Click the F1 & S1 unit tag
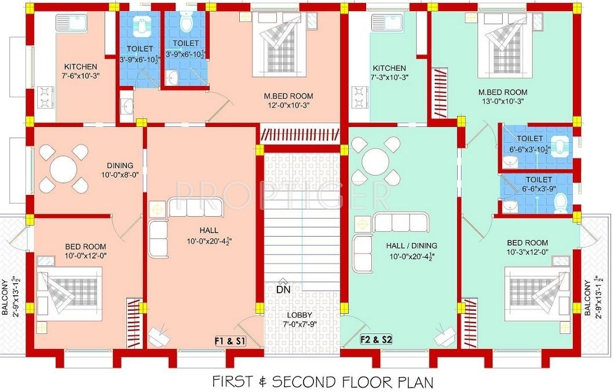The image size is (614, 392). (231, 341)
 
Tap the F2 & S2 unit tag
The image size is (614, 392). (376, 339)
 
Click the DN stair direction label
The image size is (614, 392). (283, 290)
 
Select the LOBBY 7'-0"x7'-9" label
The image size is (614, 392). (299, 320)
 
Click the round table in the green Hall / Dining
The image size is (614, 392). (375, 162)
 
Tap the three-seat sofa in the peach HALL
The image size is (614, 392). (195, 208)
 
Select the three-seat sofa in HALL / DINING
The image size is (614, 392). (401, 222)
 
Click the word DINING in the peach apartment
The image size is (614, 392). (120, 165)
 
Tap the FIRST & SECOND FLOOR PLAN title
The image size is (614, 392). (323, 381)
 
